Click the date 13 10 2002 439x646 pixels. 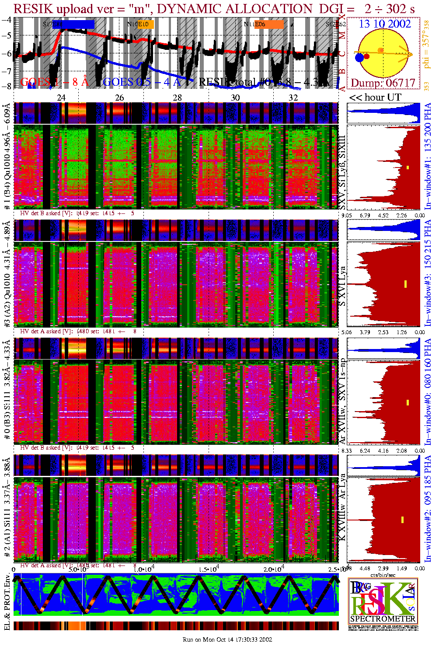385,24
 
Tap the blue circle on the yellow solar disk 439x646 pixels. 359,57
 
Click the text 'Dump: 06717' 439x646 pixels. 383,83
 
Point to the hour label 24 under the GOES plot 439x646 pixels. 61,98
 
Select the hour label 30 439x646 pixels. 235,98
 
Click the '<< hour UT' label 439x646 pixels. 375,98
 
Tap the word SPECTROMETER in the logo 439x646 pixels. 383,618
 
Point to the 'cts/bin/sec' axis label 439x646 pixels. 383,575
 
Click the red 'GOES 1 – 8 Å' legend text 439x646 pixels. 54,82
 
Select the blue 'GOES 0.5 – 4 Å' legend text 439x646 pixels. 142,82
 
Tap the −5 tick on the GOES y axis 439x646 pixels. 7,35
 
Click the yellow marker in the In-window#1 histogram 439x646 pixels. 408,168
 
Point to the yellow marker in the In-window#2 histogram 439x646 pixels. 402,520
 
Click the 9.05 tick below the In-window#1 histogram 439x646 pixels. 346,215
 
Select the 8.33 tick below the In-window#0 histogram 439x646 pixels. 346,450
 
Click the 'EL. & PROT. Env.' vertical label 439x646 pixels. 7,603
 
